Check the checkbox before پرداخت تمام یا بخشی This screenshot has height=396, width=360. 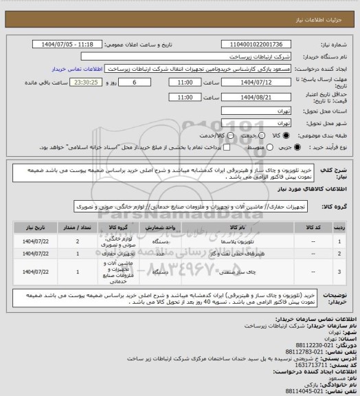click(x=212, y=147)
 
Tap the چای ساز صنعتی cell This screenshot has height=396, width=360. click(x=248, y=272)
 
